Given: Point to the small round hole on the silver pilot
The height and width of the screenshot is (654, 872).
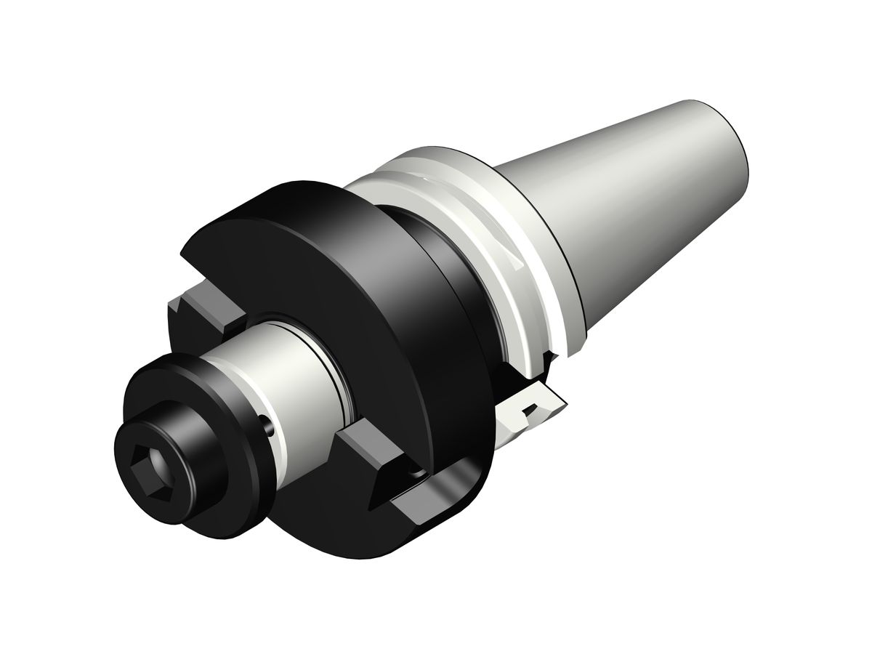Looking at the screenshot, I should click(270, 430).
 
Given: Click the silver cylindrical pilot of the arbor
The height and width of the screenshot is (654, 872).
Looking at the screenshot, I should click(291, 378).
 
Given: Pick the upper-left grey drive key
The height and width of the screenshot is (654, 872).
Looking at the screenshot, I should click(207, 309).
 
